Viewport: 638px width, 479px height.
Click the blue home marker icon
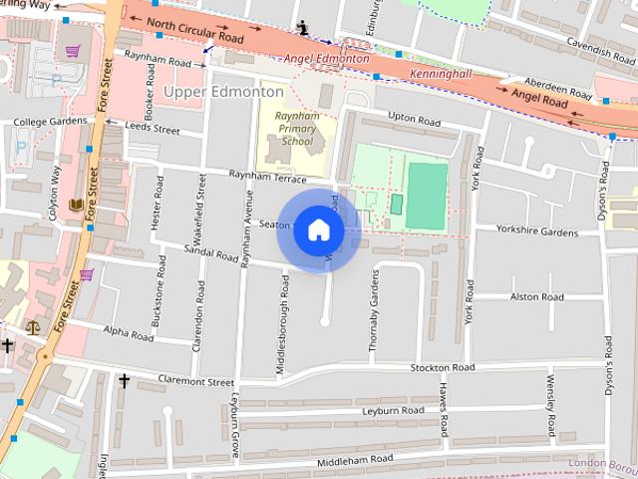pos(318,231)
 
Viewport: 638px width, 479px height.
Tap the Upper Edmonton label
pos(222,92)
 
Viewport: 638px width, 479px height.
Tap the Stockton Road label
pos(442,367)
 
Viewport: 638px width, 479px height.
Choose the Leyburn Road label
pos(393,411)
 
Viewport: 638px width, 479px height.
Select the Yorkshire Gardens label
pos(537,232)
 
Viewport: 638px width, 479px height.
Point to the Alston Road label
pos(536,297)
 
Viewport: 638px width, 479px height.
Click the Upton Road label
pos(414,118)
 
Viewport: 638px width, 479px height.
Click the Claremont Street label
pos(195,382)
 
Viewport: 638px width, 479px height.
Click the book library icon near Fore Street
pos(76,206)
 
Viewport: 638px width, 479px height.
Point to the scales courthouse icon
pos(33,325)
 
